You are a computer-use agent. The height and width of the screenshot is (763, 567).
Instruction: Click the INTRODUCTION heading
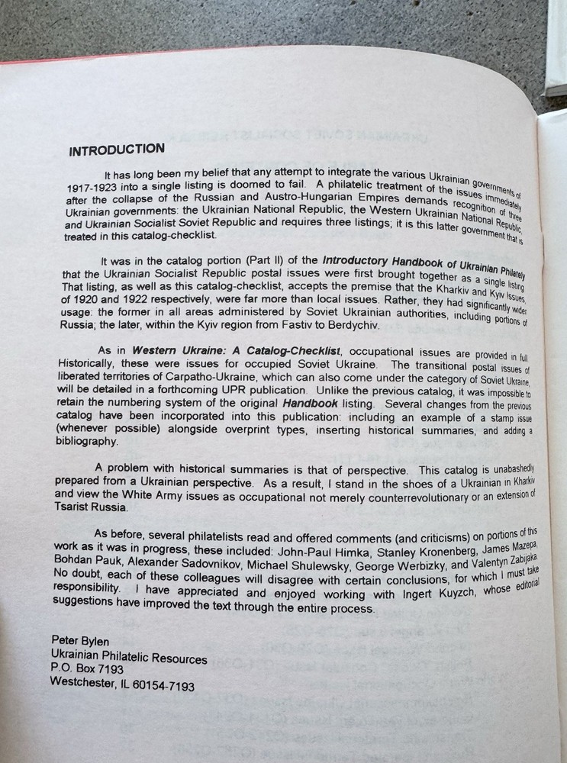pos(116,149)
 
